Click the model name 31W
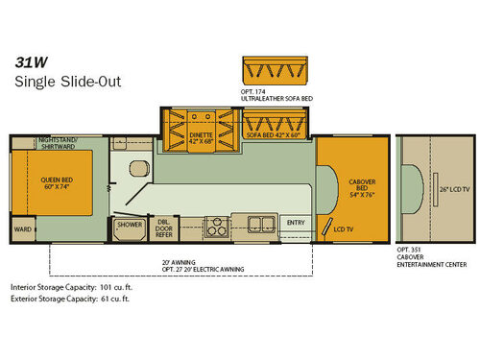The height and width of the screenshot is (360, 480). [x=29, y=60]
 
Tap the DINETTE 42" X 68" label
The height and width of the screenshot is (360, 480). [x=201, y=134]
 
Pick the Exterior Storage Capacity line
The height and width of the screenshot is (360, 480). [x=70, y=300]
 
